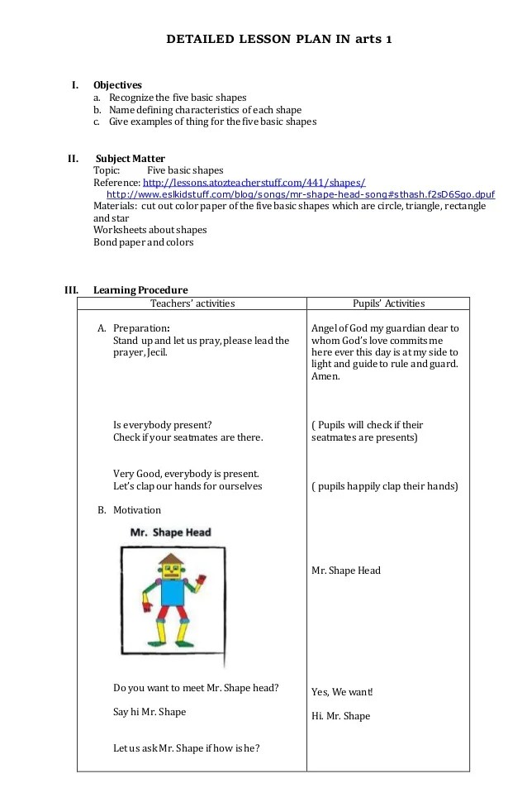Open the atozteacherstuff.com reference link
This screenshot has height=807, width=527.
[x=254, y=182]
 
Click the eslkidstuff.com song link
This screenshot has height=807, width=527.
[x=301, y=194]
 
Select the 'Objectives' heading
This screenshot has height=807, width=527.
[x=117, y=85]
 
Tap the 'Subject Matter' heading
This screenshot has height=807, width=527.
[x=131, y=159]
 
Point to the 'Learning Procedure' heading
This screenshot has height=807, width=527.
[x=140, y=290]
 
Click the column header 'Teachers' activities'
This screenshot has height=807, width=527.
[x=192, y=303]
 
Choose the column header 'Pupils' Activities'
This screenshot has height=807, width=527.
[x=388, y=303]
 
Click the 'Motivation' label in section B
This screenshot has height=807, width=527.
[x=137, y=510]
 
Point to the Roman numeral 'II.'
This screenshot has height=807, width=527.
[x=73, y=159]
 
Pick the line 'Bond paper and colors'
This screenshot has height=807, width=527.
[x=144, y=242]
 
